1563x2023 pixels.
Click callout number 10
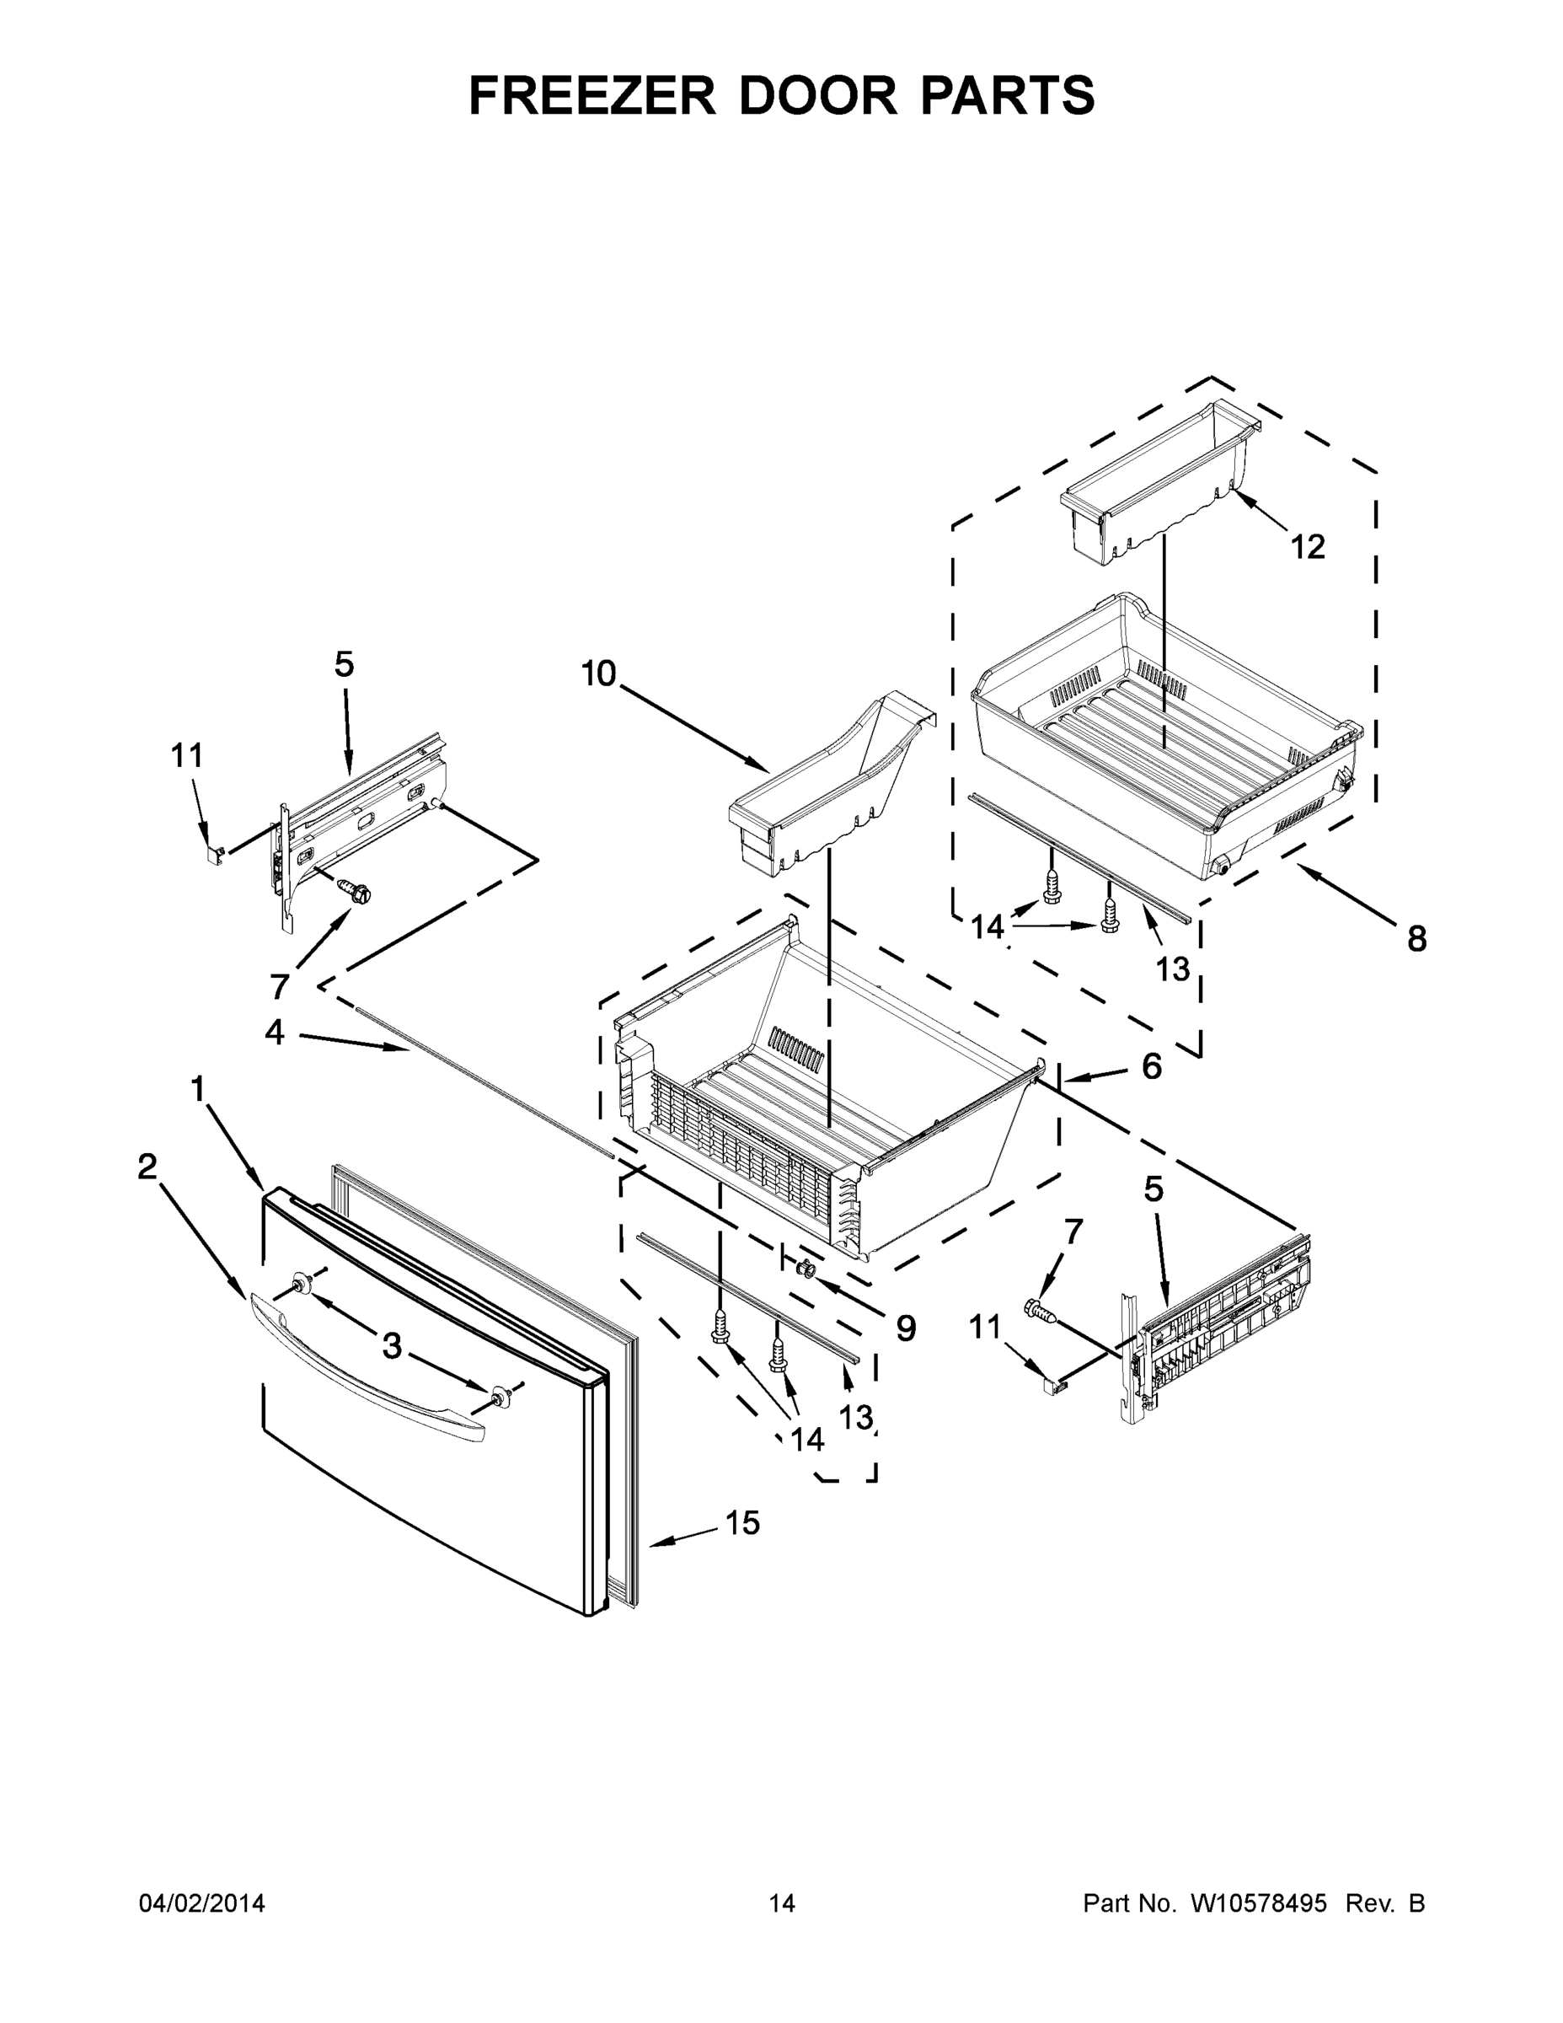pos(599,673)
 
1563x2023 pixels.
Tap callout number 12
pos(1308,546)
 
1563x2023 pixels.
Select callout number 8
pos(1416,938)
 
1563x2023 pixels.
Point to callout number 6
pos(1151,1066)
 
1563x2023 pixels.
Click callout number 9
pos(906,1328)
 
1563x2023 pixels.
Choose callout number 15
pos(742,1521)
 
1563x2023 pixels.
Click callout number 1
pos(197,1089)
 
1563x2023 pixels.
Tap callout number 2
pos(147,1167)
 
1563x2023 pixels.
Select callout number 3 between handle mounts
pos(392,1345)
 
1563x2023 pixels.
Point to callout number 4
pos(274,1032)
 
